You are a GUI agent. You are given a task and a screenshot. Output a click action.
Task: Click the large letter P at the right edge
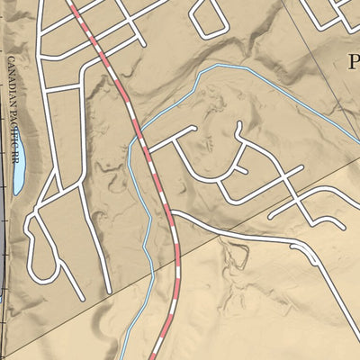(352, 62)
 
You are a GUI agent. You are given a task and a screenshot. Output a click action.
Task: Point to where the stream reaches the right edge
(357, 140)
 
